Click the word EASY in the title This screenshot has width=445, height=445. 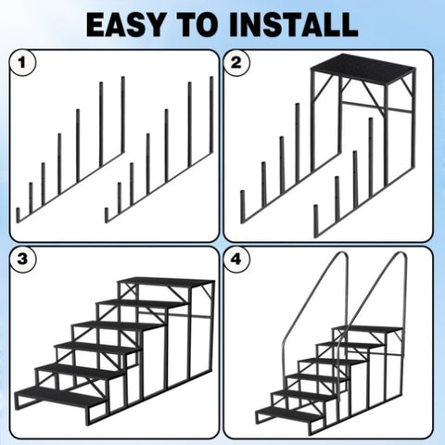(126, 24)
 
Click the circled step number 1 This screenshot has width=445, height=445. (22, 63)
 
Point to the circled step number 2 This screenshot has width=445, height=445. (236, 63)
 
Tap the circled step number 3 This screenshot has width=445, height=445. (22, 259)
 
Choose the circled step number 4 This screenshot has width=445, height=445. (236, 259)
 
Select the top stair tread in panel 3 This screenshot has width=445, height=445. (166, 282)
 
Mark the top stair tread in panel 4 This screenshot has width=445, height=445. (368, 329)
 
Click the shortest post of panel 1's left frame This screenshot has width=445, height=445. (18, 215)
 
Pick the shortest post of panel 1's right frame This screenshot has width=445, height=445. (107, 215)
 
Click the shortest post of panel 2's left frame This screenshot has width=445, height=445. (243, 207)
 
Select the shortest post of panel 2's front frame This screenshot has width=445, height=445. (316, 221)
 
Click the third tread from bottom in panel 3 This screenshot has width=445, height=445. (98, 349)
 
